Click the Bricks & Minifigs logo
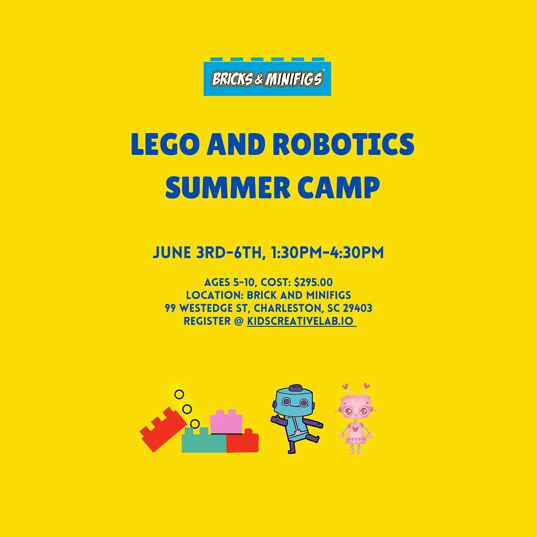pyautogui.click(x=267, y=79)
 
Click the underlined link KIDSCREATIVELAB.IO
pyautogui.click(x=300, y=321)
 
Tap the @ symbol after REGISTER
pyautogui.click(x=239, y=321)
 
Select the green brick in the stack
pyautogui.click(x=204, y=442)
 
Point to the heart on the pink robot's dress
pyautogui.click(x=355, y=429)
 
